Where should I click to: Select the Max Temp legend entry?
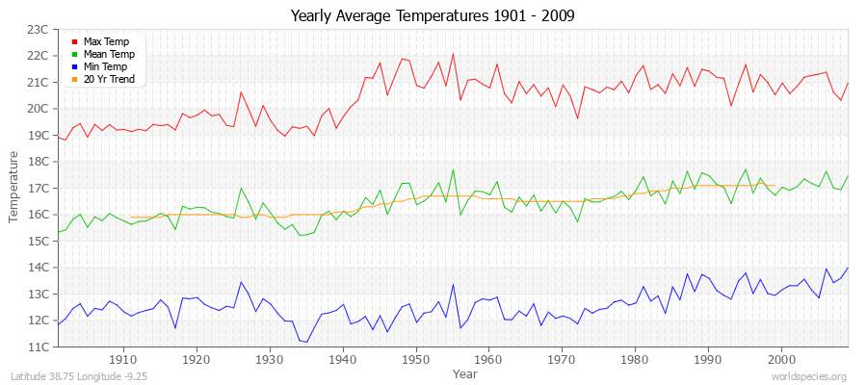tap(105, 41)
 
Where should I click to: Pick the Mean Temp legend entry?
tap(108, 54)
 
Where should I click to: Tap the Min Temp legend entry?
tap(105, 66)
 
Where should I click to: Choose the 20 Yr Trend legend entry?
tap(110, 79)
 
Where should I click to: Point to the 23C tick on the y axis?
tap(38, 30)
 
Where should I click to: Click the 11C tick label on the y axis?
tap(38, 346)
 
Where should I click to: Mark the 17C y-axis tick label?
tap(38, 189)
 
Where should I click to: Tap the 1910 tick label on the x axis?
tap(122, 359)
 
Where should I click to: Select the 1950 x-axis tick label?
tap(415, 359)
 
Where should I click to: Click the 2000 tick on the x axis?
tap(781, 359)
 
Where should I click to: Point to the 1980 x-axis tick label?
tap(635, 359)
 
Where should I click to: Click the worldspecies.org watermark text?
tap(811, 376)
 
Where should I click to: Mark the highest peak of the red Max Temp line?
tap(453, 54)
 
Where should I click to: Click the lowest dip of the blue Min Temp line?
tap(306, 342)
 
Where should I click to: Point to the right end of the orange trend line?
tap(775, 186)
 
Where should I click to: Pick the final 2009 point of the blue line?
tap(848, 268)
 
